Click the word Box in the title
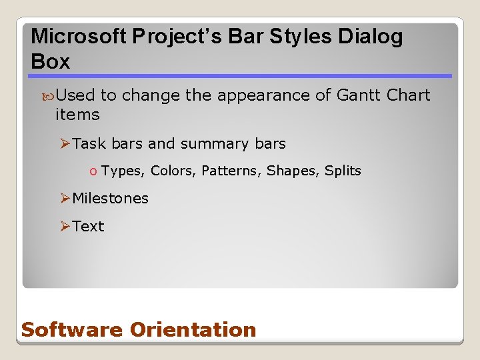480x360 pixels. coord(50,62)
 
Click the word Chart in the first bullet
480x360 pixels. coord(408,95)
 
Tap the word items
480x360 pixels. coord(77,115)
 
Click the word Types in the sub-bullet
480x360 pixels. coord(122,171)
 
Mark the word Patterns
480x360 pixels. coord(231,171)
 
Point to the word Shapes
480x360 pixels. coord(293,171)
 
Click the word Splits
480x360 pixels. coord(343,171)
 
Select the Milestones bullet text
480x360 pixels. coord(110,198)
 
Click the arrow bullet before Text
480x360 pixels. coord(65,226)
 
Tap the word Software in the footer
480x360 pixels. coord(72,329)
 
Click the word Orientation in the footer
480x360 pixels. coord(193,329)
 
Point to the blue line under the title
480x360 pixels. coord(241,76)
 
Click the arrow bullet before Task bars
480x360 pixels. coord(65,143)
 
